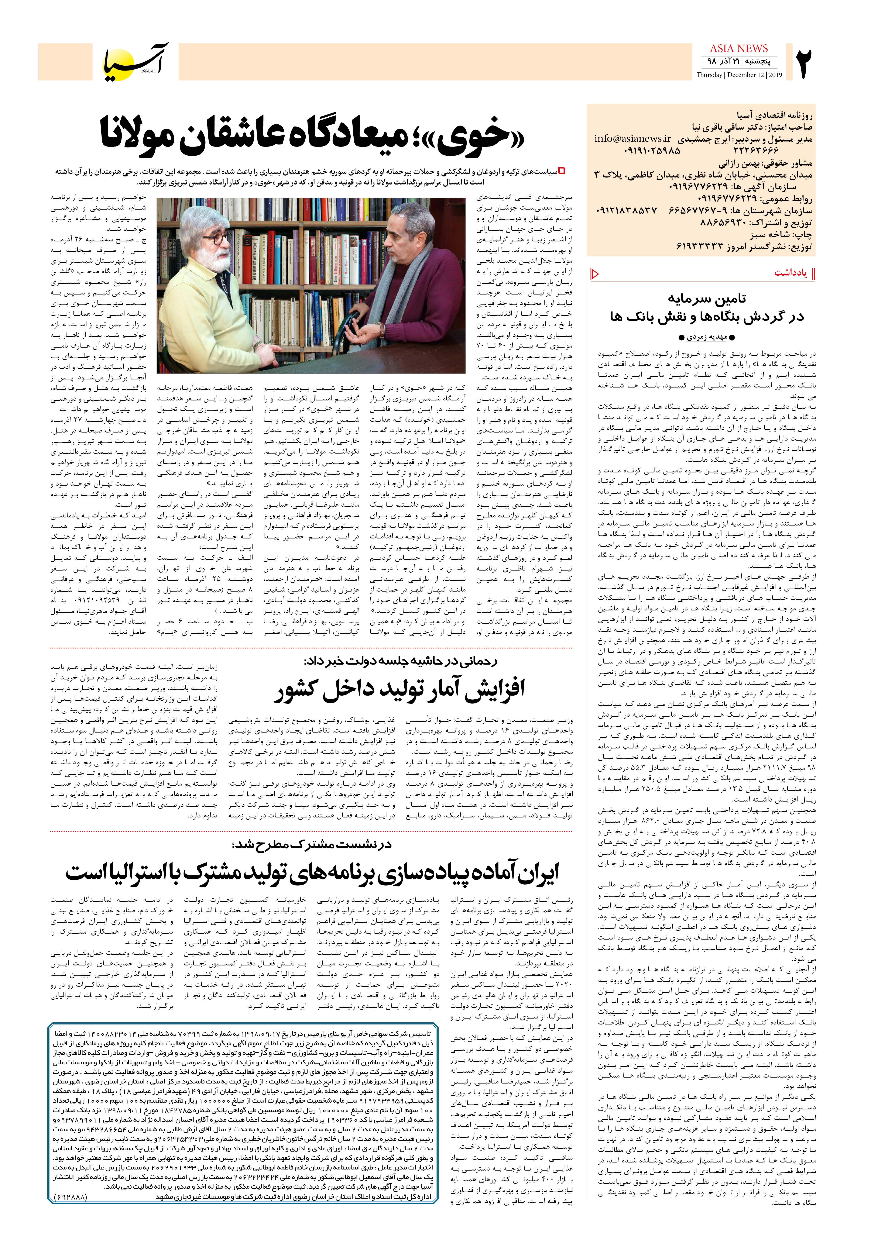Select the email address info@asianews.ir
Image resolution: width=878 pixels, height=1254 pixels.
(x=633, y=138)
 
